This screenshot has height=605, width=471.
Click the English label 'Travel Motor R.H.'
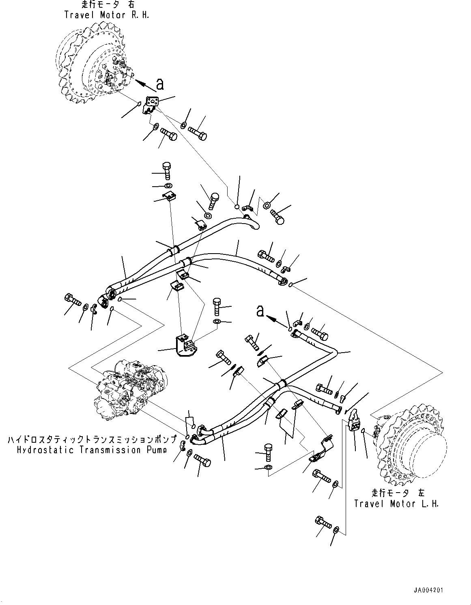(x=107, y=15)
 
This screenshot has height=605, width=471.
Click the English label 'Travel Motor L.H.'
(x=396, y=504)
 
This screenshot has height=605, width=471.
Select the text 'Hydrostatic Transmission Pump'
(x=91, y=450)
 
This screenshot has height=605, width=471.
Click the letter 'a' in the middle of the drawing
(x=260, y=311)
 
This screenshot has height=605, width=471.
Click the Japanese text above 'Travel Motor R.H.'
(x=107, y=5)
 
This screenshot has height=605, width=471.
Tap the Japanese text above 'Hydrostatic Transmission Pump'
(x=92, y=440)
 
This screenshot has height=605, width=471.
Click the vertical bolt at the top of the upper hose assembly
(x=167, y=170)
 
